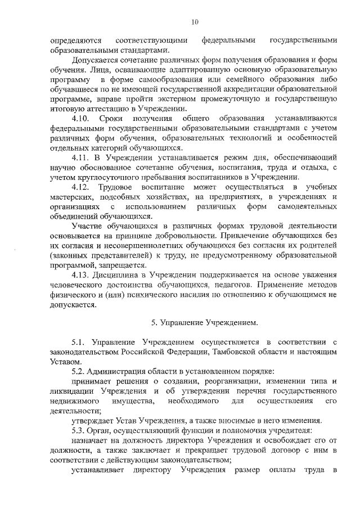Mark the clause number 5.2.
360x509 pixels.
(x=78, y=371)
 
